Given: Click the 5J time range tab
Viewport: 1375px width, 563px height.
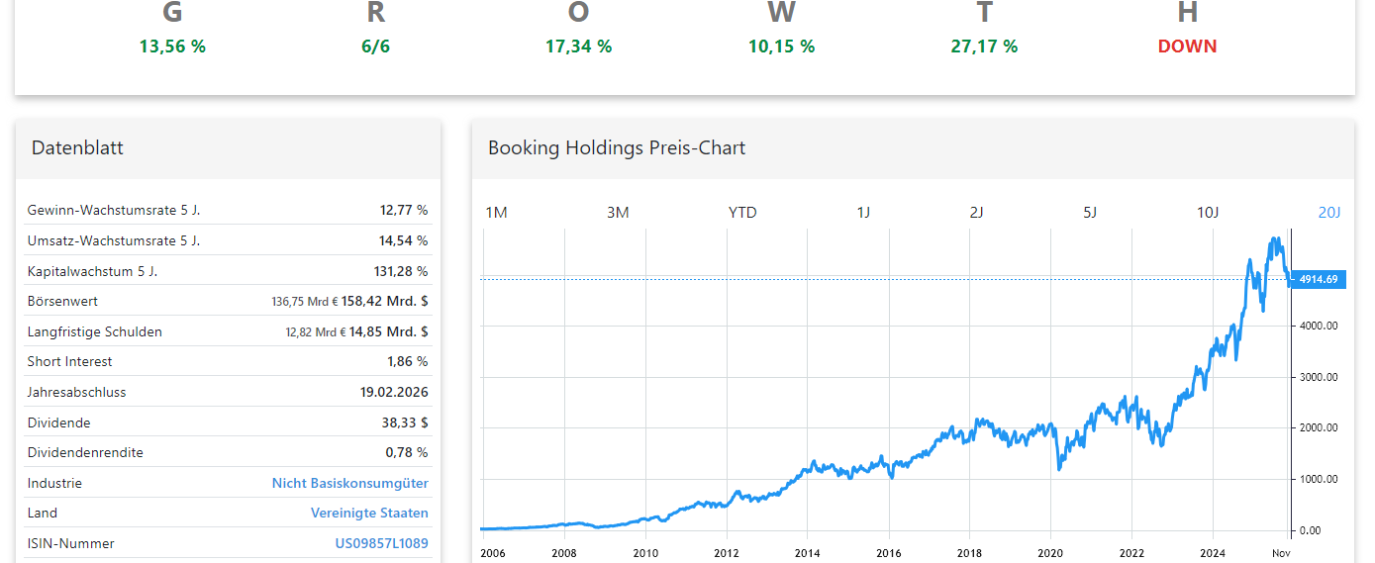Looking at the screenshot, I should coord(1090,213).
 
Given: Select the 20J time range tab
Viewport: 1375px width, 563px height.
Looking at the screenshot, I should coord(1328,213).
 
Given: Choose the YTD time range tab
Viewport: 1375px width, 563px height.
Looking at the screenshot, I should coord(742,213).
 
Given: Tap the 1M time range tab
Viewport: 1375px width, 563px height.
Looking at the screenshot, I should coord(496,213).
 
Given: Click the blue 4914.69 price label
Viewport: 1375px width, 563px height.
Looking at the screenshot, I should coord(1318,279).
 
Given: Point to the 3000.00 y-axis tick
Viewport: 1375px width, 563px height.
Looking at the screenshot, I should coord(1318,377).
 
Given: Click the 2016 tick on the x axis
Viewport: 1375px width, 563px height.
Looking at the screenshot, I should coord(888,553).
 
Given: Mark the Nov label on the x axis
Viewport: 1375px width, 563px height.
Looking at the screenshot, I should coord(1281,553).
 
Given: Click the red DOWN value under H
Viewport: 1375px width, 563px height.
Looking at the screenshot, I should coord(1187,47).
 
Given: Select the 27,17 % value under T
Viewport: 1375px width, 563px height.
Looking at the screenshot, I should coord(984,47).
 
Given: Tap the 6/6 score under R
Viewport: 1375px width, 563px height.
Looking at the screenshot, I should coord(375,47).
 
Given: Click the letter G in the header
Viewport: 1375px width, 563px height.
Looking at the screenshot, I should coord(172,13).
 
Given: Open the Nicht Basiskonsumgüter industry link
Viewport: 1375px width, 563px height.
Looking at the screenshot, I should coord(349,483).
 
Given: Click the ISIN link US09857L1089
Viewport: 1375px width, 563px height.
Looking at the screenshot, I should coord(381,543).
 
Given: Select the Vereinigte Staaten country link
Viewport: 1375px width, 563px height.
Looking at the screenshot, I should coord(369,513).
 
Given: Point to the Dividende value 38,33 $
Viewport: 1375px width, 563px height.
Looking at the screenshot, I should coord(407,422).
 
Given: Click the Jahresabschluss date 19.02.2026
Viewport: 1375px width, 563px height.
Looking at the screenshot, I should coord(394,392).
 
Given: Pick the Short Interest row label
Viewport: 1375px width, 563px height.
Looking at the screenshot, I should coord(69,361).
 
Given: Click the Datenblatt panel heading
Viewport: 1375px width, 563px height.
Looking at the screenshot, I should coord(77,148).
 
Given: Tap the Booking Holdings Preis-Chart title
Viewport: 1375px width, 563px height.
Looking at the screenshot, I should coord(616,148).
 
